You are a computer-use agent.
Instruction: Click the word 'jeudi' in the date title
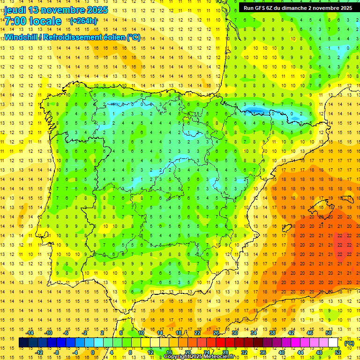15,10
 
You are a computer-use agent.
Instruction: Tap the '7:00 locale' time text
33,21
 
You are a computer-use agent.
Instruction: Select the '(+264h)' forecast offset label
83,21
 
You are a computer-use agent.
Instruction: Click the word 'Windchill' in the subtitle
21,37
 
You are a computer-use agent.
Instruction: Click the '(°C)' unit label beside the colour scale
349,343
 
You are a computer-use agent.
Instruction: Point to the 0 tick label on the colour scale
92,352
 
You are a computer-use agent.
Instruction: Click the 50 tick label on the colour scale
329,333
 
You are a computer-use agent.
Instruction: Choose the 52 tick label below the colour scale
338,352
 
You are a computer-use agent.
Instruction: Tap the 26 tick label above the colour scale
216,333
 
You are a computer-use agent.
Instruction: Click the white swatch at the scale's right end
333,343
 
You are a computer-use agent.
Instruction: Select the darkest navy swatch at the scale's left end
23,343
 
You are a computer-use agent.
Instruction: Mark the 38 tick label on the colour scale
272,333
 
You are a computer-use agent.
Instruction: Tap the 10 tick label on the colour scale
141,333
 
